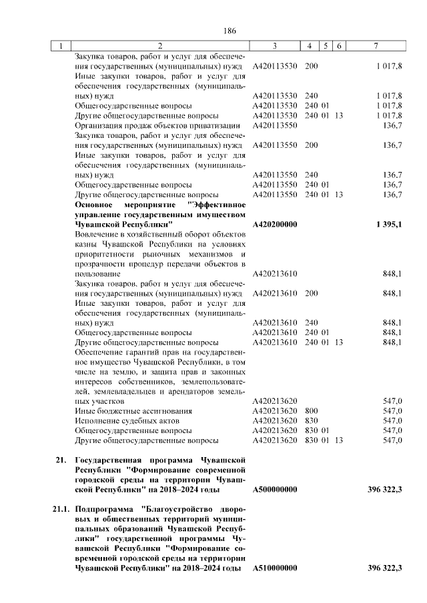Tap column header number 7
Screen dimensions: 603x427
[377, 46]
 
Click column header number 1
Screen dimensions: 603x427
[61, 46]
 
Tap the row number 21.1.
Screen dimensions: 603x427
[61, 509]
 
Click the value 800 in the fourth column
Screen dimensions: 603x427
[311, 411]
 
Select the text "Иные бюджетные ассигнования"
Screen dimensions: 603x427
[133, 411]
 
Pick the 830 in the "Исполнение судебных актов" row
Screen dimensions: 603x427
[311, 421]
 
